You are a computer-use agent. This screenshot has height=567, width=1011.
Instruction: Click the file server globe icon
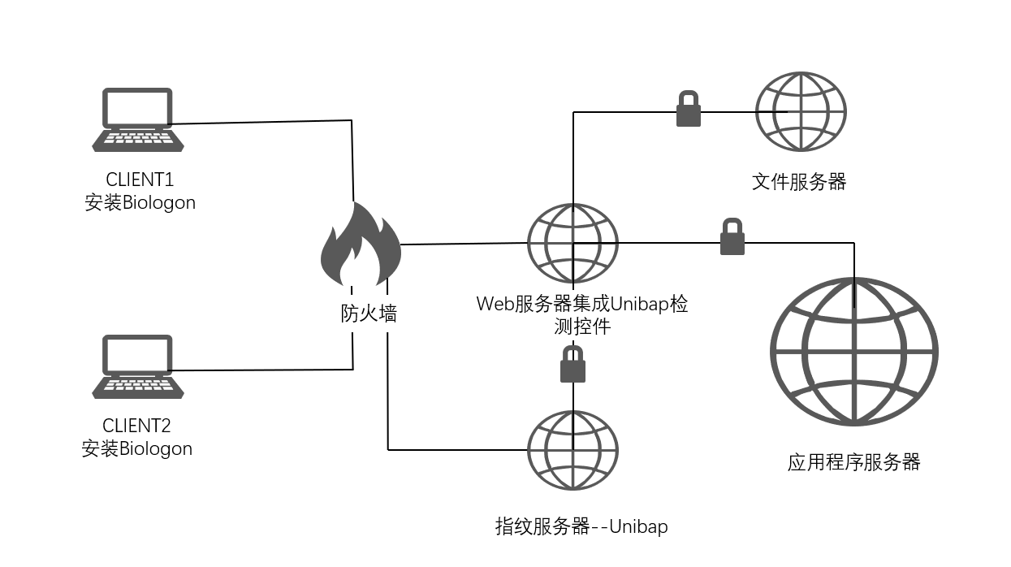(801, 111)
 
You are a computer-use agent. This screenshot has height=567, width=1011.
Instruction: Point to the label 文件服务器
(799, 181)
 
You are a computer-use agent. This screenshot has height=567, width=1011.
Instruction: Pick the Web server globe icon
(572, 244)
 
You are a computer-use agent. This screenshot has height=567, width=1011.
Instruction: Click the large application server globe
(854, 352)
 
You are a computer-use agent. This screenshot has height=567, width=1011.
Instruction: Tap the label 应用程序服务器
(853, 462)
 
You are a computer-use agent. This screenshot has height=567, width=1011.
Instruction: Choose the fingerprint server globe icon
(572, 450)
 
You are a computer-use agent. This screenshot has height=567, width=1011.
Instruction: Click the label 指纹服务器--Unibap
(581, 526)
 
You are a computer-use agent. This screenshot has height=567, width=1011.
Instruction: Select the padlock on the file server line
(689, 110)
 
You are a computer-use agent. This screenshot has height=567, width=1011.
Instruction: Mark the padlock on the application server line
(732, 237)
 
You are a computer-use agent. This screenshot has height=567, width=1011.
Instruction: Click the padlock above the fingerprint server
(573, 365)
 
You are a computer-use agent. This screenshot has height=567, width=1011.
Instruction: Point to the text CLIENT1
(140, 179)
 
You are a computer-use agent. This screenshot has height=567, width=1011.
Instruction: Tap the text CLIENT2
(137, 426)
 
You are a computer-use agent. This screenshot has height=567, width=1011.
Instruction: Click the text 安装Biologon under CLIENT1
(140, 202)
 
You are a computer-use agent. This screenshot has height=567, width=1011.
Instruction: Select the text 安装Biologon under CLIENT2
(137, 448)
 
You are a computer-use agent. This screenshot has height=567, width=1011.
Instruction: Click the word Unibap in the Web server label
(637, 304)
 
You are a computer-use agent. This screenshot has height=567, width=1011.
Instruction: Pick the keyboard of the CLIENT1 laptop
(137, 140)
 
